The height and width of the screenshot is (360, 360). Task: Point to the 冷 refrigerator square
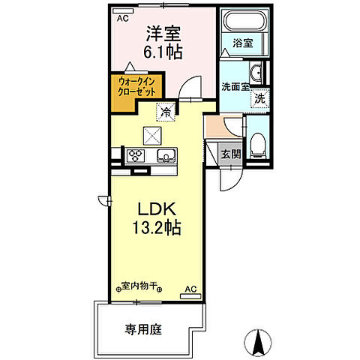(164, 113)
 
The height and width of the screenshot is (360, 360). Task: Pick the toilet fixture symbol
(257, 142)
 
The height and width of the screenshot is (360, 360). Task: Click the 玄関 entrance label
(231, 155)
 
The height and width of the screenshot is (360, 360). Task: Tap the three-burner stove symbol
(137, 156)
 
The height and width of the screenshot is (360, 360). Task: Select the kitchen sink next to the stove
(166, 156)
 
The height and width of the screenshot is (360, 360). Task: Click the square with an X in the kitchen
(152, 135)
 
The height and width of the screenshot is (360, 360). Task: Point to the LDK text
(155, 206)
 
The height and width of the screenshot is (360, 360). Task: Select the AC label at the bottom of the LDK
(190, 287)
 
